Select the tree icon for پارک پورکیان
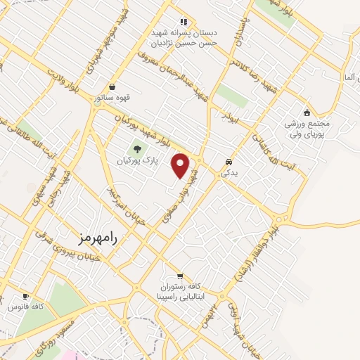136,148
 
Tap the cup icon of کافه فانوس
26,297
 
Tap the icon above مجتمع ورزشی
307,112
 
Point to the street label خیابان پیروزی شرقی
62,253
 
